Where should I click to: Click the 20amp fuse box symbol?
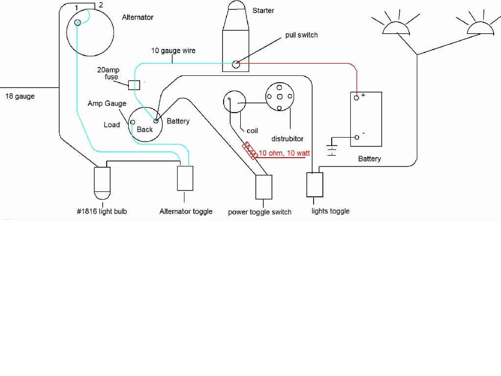(134, 84)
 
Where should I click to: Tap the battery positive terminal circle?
(357, 97)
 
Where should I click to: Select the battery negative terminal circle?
(357, 137)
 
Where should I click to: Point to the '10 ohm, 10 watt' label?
(284, 153)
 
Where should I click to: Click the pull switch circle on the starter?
(236, 64)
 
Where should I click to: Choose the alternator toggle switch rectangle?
(185, 179)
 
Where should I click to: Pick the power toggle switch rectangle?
(264, 187)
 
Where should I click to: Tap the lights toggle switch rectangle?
(314, 185)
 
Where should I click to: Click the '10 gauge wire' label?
(173, 50)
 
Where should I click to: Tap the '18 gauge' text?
(20, 96)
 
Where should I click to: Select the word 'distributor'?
(287, 139)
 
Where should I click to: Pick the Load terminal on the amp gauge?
(132, 121)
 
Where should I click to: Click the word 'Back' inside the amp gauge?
(145, 130)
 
